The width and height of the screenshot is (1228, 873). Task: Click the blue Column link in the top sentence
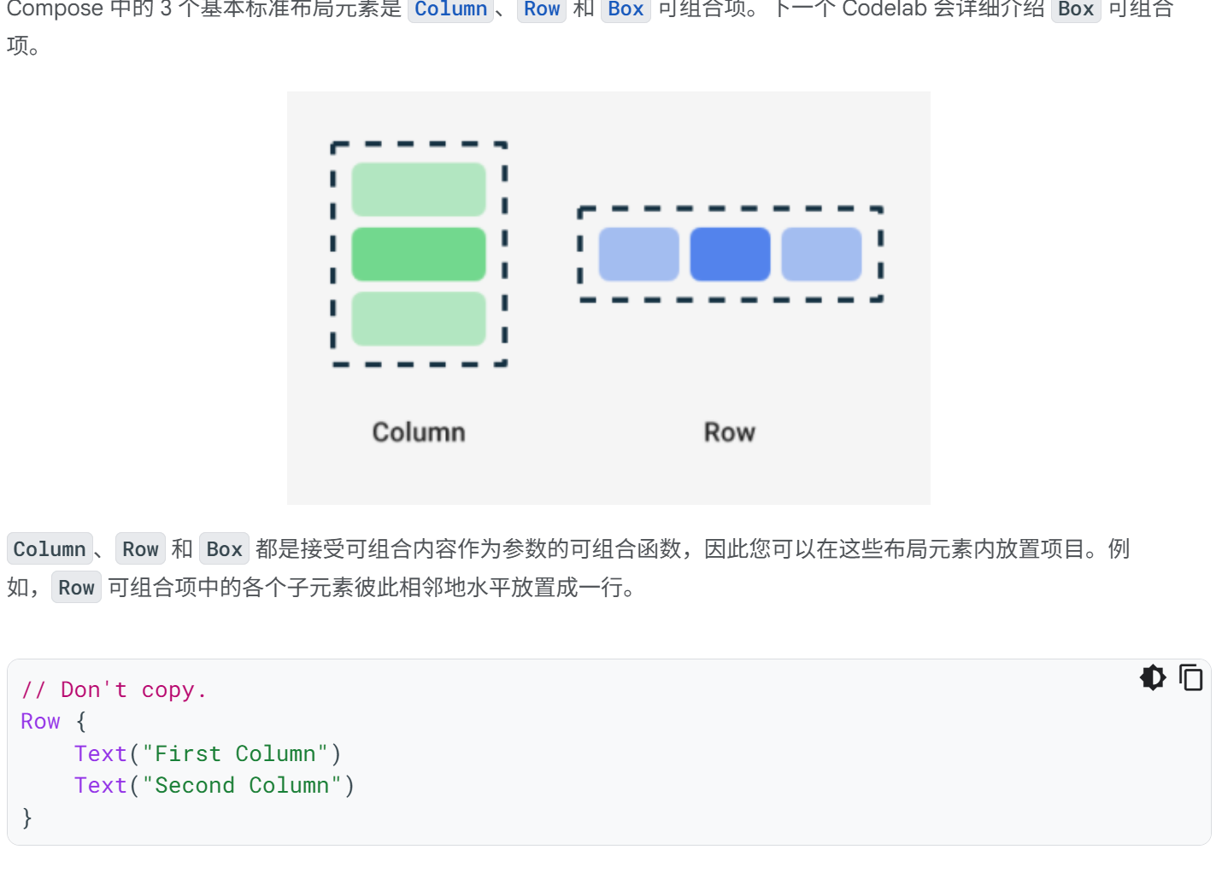450,9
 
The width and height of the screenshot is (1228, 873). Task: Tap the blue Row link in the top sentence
542,9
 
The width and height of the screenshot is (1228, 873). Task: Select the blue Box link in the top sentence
626,9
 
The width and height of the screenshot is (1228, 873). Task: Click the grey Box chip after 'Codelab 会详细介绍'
1075,9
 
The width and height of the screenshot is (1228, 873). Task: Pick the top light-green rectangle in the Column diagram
419,190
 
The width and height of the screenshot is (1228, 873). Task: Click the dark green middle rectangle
419,254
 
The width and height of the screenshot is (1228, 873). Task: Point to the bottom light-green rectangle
419,319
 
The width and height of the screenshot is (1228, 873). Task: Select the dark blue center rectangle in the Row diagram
730,254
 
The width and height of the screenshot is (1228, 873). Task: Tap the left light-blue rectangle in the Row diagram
638,254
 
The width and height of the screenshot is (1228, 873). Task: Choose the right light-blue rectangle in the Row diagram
821,254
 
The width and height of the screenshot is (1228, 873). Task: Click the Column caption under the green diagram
419,432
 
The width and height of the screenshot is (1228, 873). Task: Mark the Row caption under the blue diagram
730,432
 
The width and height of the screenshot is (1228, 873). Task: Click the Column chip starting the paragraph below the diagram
50,549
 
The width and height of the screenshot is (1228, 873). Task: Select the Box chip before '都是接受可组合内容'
224,549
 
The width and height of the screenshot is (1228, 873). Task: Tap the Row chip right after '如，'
76,588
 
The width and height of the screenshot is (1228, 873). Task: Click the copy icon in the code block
1190,677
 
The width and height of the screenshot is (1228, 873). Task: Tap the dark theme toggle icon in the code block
1153,677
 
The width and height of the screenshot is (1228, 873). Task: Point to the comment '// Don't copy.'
114,690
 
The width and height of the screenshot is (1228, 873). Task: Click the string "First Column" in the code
235,753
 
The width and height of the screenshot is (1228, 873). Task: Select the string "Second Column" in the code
242,785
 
